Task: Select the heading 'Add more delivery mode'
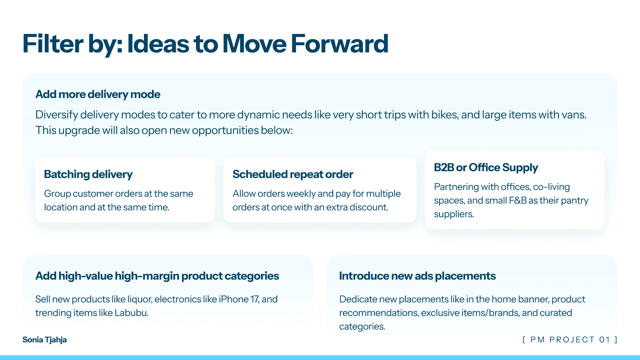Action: click(98, 94)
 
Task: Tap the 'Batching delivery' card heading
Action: click(88, 174)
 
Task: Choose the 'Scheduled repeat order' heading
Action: click(293, 174)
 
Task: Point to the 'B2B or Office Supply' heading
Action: click(486, 168)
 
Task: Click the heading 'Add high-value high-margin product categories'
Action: click(157, 276)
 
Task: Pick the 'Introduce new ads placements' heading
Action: click(418, 276)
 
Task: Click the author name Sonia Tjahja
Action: click(44, 340)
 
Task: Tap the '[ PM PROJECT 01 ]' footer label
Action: click(570, 340)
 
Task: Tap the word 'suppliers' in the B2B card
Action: click(453, 214)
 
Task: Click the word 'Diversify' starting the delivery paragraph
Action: click(56, 115)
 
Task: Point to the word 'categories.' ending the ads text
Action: click(362, 326)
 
